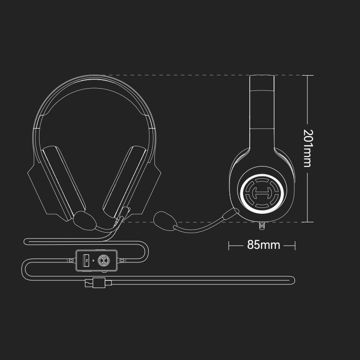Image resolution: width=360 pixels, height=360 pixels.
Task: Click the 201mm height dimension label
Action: [307, 148]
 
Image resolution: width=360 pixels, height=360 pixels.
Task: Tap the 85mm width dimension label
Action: [263, 245]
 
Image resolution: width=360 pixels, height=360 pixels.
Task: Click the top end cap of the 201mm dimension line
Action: [307, 75]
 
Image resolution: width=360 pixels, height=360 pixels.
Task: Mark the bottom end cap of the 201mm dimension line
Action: [307, 222]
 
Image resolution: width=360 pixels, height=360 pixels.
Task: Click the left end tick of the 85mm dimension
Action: [229, 245]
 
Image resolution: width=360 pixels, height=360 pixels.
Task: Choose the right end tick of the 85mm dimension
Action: [295, 245]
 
